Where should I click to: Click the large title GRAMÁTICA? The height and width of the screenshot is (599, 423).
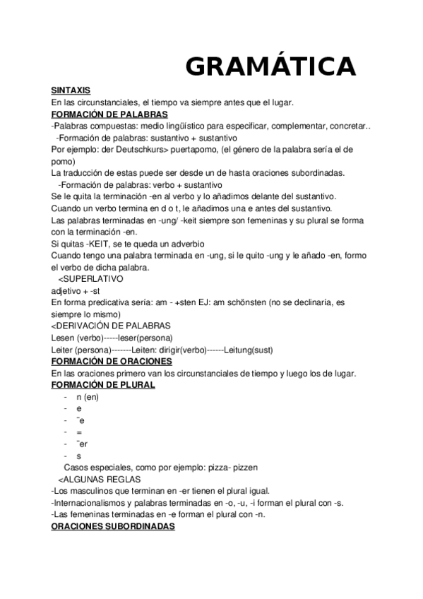point(270,66)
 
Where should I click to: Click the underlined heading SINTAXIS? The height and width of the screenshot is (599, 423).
point(71,90)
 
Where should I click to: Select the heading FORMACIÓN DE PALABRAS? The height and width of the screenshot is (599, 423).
point(109,114)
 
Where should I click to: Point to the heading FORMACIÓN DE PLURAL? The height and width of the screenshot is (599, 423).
point(103,384)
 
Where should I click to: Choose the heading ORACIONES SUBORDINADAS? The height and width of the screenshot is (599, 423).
point(113,527)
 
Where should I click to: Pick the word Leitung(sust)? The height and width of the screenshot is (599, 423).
point(249,349)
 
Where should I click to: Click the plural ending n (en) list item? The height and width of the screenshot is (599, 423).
point(88,396)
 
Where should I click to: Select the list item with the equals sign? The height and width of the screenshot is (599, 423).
point(79,432)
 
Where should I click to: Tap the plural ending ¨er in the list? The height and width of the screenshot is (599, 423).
point(82,444)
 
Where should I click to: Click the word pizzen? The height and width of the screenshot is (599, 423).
point(244,468)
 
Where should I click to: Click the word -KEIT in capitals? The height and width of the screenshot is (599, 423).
point(93,243)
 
